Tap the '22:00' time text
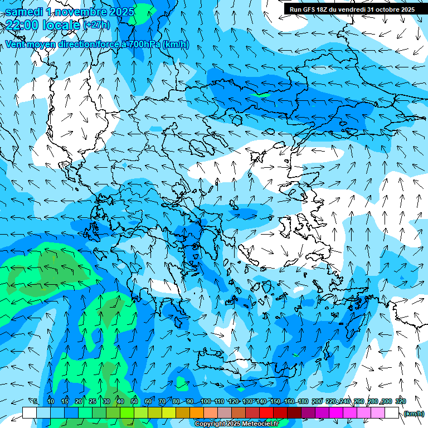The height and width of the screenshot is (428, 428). pyautogui.click(x=23, y=25)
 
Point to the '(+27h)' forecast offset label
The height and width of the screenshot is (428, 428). pyautogui.click(x=96, y=25)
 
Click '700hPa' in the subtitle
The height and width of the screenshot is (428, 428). pyautogui.click(x=145, y=44)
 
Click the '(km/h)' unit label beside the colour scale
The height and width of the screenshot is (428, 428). pyautogui.click(x=414, y=414)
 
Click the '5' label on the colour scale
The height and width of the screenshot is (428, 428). pyautogui.click(x=36, y=402)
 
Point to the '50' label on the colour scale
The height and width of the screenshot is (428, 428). pyautogui.click(x=134, y=402)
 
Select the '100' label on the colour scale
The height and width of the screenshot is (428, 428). pyautogui.click(x=205, y=402)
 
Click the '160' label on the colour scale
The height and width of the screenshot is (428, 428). pyautogui.click(x=289, y=402)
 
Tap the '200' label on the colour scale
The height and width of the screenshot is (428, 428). pyautogui.click(x=317, y=402)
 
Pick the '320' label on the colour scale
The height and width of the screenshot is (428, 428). pyautogui.click(x=401, y=402)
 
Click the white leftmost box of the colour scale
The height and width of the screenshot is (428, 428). pyautogui.click(x=30, y=413)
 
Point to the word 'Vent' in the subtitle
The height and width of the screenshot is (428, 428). pyautogui.click(x=16, y=44)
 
